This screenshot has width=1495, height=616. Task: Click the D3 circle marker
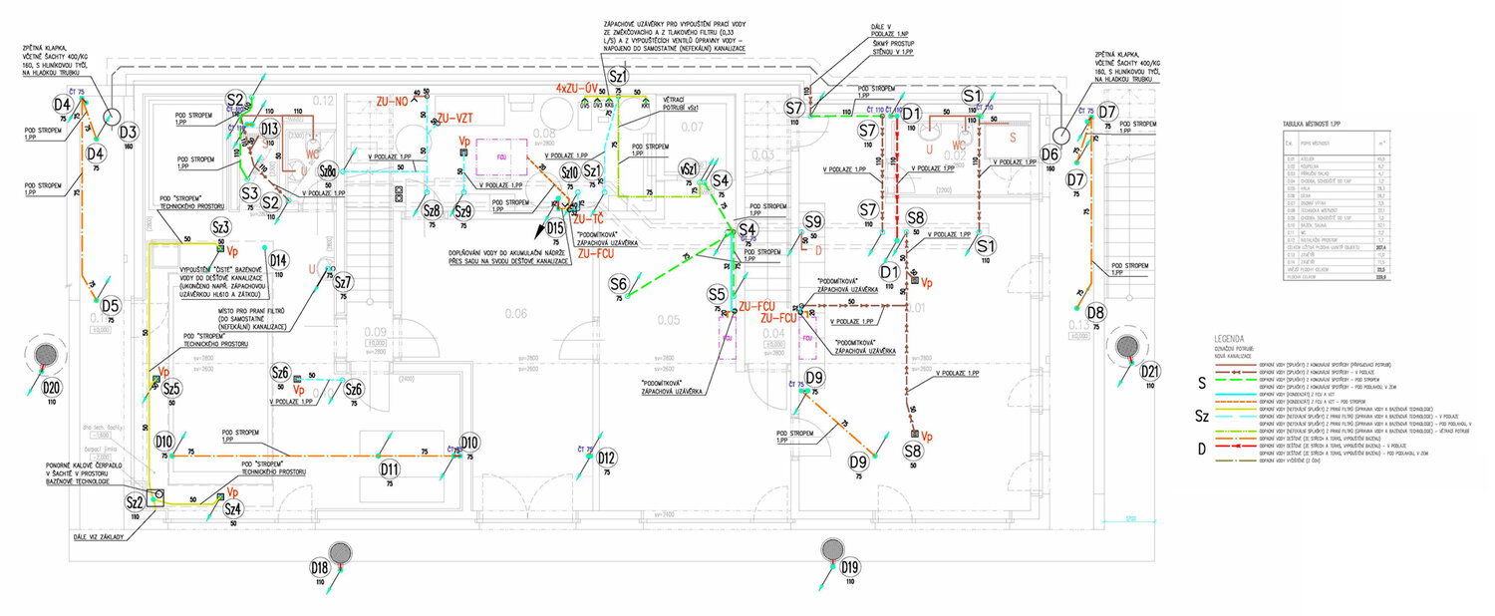point(127,133)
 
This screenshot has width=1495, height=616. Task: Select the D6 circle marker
point(1048,154)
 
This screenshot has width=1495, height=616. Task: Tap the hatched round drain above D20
point(46,355)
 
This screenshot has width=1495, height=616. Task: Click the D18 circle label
point(319,568)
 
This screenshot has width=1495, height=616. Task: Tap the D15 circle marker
point(556,228)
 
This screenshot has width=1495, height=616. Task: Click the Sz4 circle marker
point(233,508)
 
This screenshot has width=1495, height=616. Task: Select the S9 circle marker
point(814,221)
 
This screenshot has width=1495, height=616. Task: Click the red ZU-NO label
point(393,101)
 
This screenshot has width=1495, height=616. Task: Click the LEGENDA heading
point(1229,338)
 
